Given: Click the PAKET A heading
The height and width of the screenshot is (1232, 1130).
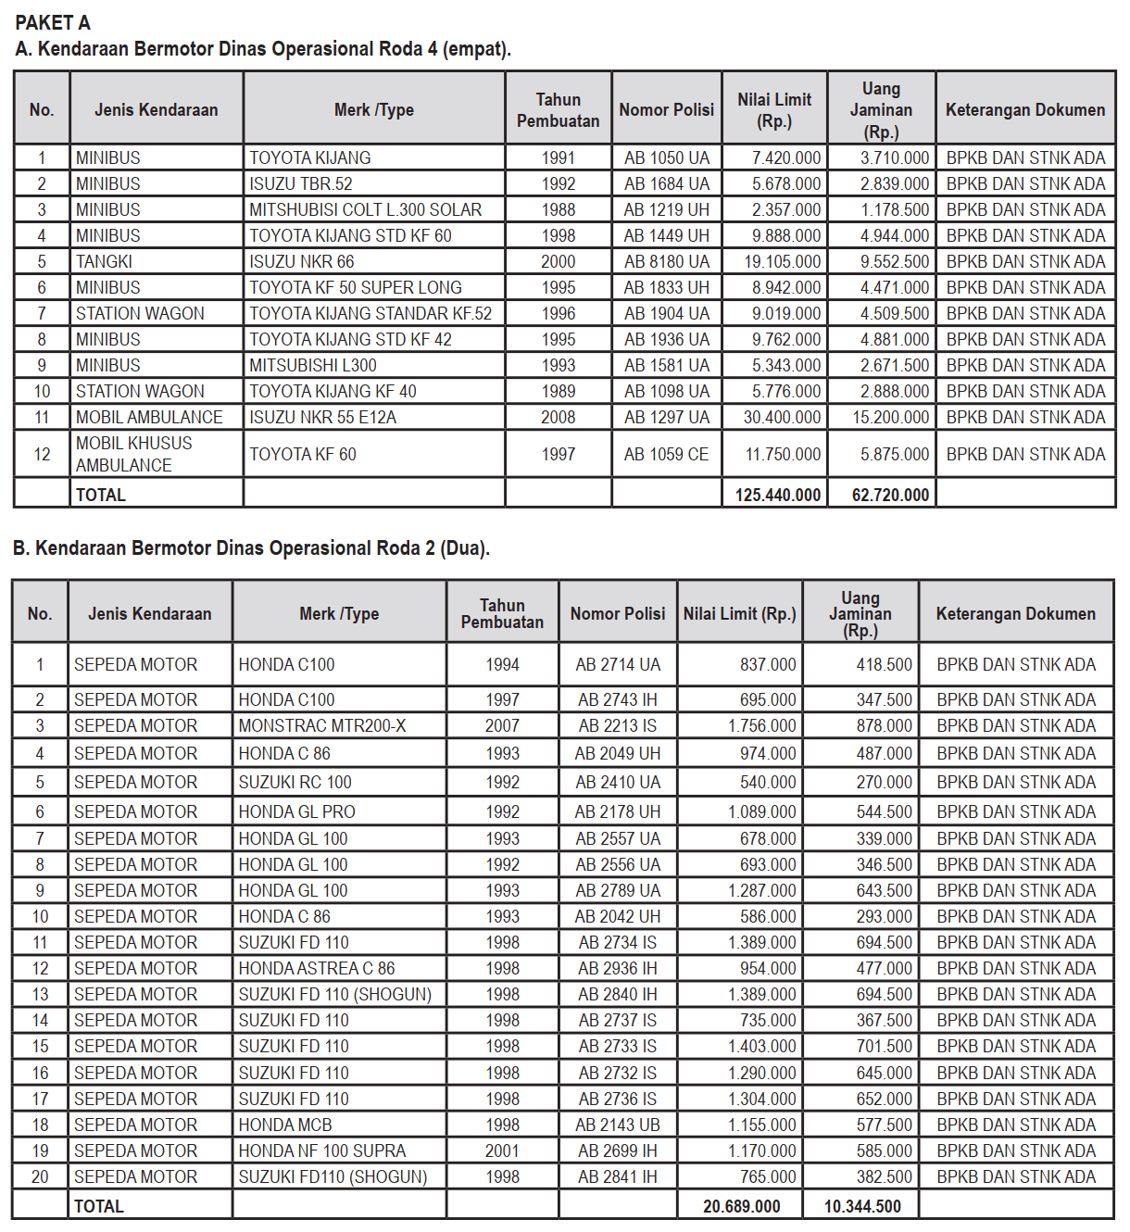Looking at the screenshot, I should click(53, 22).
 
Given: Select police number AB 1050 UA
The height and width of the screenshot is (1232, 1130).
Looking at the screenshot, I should click(666, 157).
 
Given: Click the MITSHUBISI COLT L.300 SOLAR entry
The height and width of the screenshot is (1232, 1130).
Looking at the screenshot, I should click(365, 209).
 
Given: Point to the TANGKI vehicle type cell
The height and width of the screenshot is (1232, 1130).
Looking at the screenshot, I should click(104, 261).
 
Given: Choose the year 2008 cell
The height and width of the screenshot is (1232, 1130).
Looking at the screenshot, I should click(558, 417).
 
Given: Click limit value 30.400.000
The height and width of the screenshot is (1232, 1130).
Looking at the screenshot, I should click(782, 417).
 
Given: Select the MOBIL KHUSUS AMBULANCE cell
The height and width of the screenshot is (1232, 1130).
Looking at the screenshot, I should click(134, 454).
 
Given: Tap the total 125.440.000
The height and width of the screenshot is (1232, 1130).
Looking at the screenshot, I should click(777, 495).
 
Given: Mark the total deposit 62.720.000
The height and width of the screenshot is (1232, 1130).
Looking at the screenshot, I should click(890, 495).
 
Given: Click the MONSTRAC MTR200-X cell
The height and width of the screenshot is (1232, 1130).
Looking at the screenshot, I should click(322, 725).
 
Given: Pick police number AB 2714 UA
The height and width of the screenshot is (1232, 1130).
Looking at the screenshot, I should click(618, 664).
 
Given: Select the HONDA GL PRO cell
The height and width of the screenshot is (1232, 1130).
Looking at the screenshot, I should click(297, 811).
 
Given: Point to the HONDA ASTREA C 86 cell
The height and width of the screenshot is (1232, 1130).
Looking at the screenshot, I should click(317, 968).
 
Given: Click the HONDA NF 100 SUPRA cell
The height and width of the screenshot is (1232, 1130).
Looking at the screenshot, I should click(322, 1150).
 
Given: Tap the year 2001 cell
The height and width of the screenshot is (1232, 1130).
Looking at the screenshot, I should click(502, 1150).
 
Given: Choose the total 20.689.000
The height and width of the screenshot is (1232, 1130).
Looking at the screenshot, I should click(741, 1206).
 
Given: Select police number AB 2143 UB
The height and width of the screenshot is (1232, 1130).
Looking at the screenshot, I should click(618, 1125).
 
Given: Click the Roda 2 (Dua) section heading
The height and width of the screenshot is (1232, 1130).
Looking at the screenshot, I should click(251, 547).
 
